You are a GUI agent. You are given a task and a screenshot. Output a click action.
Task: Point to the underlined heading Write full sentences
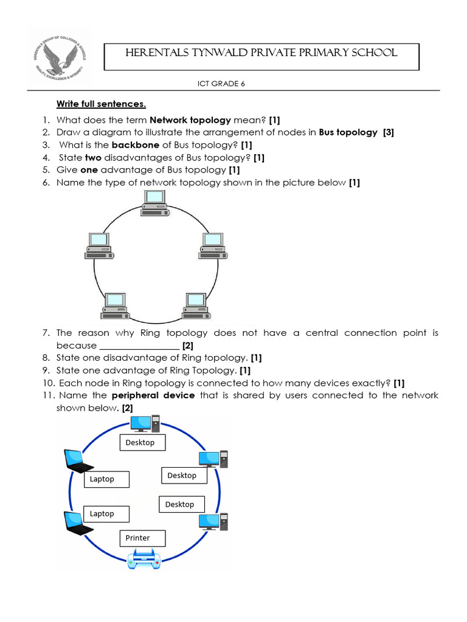point(102,104)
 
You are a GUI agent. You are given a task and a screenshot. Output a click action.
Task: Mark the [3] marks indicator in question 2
point(388,132)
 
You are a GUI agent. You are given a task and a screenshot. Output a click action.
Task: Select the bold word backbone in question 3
point(134,145)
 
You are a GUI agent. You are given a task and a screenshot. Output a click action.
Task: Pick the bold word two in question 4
point(92,158)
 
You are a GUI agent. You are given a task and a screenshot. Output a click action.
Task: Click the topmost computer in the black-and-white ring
point(154,203)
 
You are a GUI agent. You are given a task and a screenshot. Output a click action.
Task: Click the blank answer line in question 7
point(139,346)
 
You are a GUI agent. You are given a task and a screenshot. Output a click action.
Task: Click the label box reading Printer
point(142,538)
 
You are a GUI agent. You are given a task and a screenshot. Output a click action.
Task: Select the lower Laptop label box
point(106,513)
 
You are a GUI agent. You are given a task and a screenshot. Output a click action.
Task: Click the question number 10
point(49,383)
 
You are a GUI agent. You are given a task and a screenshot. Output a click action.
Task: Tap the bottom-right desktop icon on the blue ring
point(213,521)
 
